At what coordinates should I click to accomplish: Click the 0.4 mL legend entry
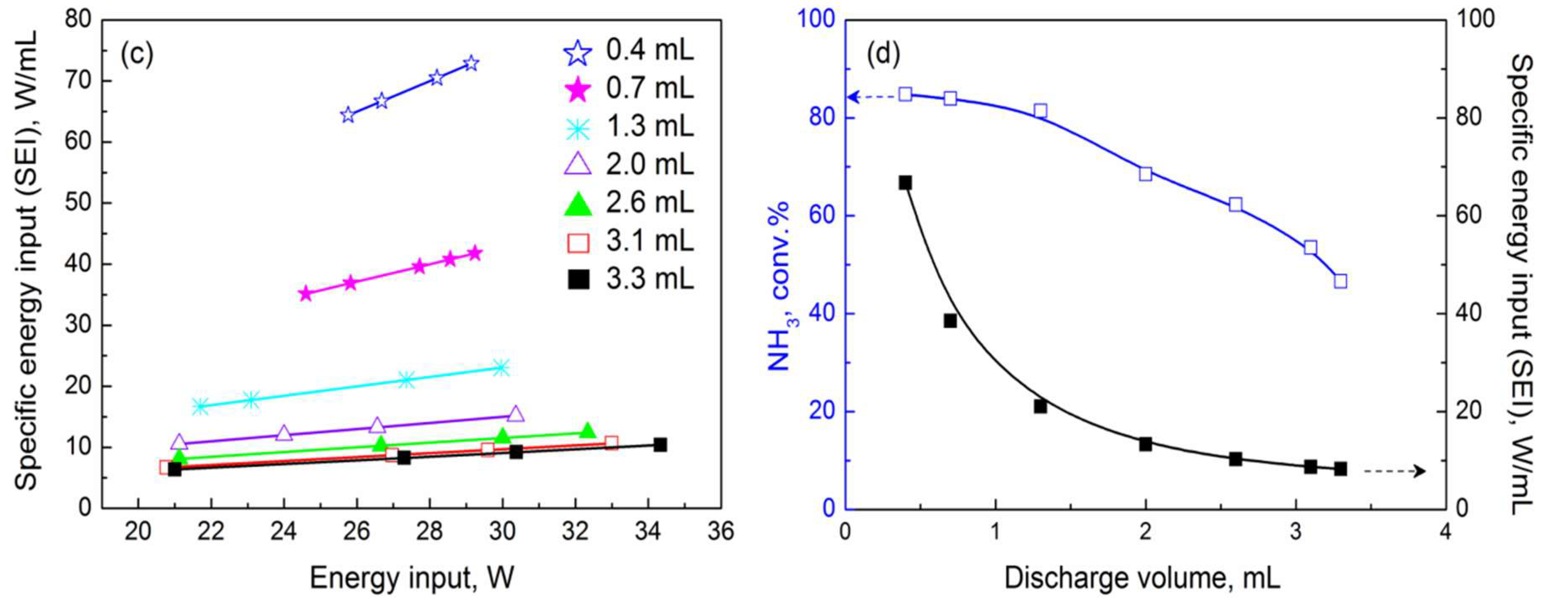pos(628,51)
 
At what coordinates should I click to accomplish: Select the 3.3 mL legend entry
pos(628,280)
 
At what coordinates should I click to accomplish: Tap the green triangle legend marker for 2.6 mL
pos(578,204)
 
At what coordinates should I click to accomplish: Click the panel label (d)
pos(883,54)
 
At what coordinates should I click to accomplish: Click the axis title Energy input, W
pos(412,578)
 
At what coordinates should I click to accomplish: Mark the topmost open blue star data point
pos(471,63)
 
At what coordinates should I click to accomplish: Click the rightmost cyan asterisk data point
pos(502,367)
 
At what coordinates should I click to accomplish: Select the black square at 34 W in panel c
pos(659,445)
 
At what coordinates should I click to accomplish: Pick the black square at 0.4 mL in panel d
pos(905,183)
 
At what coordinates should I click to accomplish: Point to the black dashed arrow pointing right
pos(1395,472)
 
